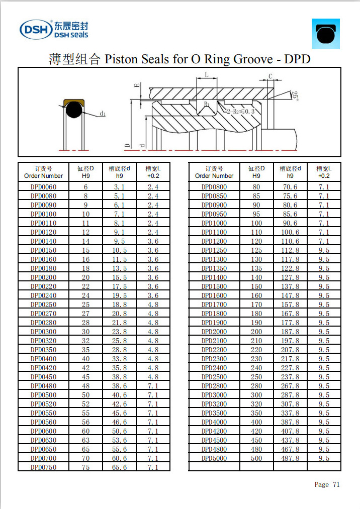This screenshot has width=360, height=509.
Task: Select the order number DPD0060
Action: [x=43, y=187]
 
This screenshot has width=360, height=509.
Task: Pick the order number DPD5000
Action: [x=214, y=458]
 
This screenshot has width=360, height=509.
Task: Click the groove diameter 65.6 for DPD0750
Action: [x=119, y=467]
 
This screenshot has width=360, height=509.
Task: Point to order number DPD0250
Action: [x=43, y=304]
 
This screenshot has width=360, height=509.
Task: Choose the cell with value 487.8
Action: [x=290, y=458]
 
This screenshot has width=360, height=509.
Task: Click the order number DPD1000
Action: [x=214, y=223]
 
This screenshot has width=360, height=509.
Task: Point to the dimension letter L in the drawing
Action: [x=207, y=75]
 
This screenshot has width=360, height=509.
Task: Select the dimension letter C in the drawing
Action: [x=271, y=76]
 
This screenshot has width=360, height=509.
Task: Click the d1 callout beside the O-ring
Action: [x=103, y=114]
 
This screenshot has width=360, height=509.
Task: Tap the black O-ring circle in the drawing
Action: [x=73, y=111]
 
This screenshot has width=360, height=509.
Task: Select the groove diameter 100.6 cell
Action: [x=290, y=232]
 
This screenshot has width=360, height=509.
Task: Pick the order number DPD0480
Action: [x=43, y=386]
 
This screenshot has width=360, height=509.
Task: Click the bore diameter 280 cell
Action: [x=256, y=386]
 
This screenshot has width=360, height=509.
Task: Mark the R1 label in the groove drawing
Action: [x=207, y=104]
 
